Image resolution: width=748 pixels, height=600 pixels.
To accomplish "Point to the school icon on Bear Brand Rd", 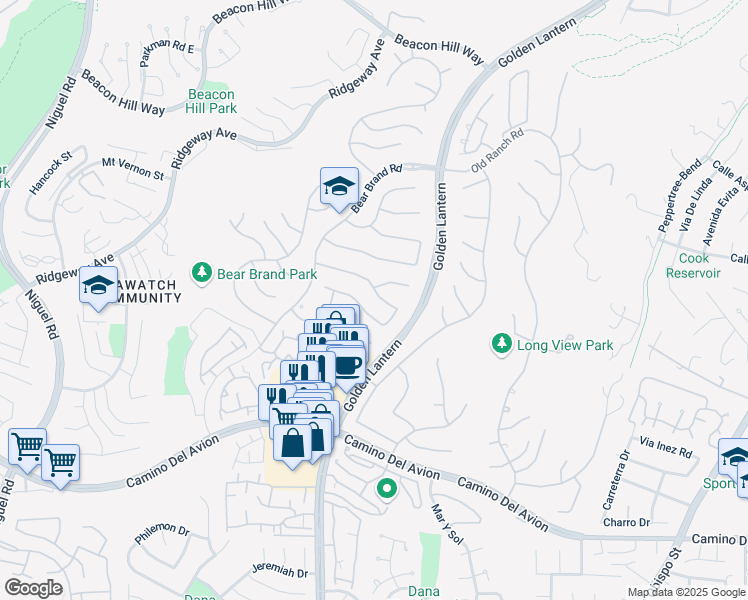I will coord(339,185).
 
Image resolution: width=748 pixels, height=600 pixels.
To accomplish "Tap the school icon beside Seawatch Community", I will coord(98,286).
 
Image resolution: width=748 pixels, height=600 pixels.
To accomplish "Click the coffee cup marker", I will coord(348,366).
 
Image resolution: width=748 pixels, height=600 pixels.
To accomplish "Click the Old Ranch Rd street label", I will coord(498,150).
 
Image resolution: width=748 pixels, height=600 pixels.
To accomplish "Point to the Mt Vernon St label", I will coord(132,167).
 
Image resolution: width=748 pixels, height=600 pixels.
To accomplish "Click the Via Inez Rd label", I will coord(666,447).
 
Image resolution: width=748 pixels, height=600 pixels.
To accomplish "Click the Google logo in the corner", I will coord(33,587).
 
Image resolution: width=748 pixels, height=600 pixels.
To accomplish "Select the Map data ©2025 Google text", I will coord(685,592).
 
